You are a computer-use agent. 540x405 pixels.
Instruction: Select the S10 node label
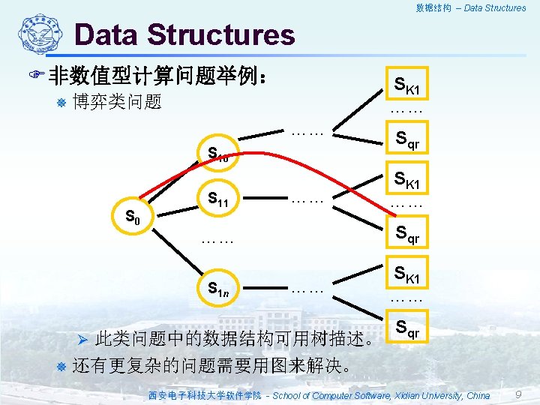[217, 156]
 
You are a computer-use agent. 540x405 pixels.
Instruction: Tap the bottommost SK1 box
[406, 275]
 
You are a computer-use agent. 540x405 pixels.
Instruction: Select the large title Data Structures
[184, 34]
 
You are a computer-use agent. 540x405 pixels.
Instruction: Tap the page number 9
[518, 394]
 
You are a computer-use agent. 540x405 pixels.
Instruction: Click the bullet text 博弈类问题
[117, 101]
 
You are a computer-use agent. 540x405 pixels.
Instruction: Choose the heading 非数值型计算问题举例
[153, 76]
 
